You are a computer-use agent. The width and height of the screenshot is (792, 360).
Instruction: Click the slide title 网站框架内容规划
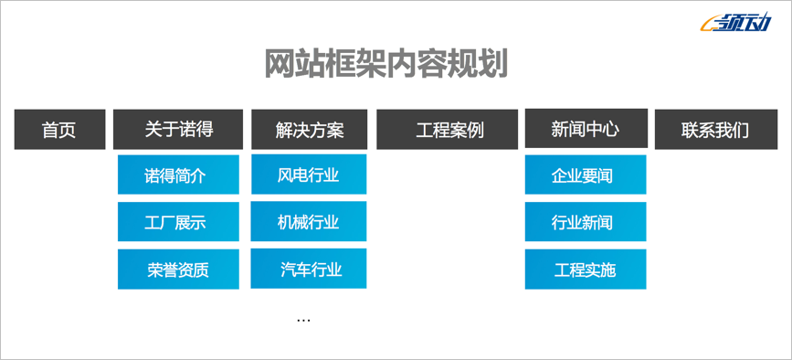pos(385,64)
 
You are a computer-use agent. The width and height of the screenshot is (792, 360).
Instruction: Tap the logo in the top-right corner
pos(738,26)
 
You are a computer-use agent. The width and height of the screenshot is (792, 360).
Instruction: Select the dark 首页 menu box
pos(59,130)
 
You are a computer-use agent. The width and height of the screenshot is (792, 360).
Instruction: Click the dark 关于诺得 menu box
pos(178,129)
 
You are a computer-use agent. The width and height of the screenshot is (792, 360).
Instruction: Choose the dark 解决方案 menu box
pos(309,130)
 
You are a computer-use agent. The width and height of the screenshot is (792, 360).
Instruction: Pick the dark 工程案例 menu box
pos(449,130)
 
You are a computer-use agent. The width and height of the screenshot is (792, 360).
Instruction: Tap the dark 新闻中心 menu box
pos(586,129)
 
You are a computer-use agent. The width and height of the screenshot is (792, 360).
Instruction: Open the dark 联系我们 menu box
pos(714,130)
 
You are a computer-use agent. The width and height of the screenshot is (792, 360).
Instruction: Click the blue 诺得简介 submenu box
pos(178,175)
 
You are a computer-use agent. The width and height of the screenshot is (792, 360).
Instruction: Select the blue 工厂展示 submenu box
pos(178,222)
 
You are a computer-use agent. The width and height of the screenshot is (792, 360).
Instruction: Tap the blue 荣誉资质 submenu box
pos(178,270)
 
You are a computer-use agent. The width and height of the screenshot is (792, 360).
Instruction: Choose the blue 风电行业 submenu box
pos(309,175)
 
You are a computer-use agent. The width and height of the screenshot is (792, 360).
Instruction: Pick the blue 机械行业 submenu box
pos(309,222)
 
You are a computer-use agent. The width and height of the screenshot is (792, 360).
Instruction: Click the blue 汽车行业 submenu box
pos(309,269)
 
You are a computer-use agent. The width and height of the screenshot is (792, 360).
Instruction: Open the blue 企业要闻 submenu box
pos(586,175)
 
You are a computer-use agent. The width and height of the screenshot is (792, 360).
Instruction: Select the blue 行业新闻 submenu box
pos(586,222)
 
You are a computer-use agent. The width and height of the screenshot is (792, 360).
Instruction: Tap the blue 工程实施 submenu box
pos(586,270)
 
